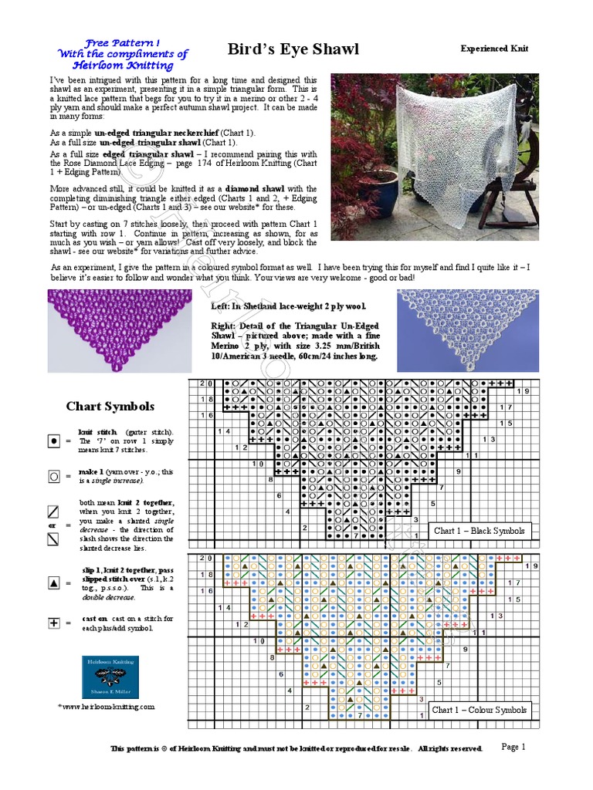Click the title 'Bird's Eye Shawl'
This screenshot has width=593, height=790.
pyautogui.click(x=293, y=49)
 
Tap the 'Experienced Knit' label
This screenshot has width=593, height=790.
pyautogui.click(x=495, y=49)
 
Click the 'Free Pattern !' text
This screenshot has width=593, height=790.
pyautogui.click(x=124, y=43)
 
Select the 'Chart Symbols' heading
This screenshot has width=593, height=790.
pyautogui.click(x=110, y=406)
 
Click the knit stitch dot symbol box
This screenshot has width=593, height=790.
pyautogui.click(x=54, y=441)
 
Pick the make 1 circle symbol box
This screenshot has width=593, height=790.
pyautogui.click(x=54, y=477)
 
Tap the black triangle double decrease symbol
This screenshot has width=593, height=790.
pyautogui.click(x=54, y=583)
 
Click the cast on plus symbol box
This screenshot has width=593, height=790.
pyautogui.click(x=54, y=623)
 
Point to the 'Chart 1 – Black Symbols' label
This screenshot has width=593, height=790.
pyautogui.click(x=479, y=531)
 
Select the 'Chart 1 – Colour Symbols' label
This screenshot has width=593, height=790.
pyautogui.click(x=479, y=710)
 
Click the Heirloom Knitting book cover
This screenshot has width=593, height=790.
pyautogui.click(x=110, y=677)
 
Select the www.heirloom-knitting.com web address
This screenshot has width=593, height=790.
pyautogui.click(x=108, y=706)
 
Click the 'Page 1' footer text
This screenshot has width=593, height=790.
pyautogui.click(x=513, y=746)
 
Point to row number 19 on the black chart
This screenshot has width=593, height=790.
pyautogui.click(x=522, y=392)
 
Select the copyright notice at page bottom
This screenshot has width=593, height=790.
pyautogui.click(x=296, y=748)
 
